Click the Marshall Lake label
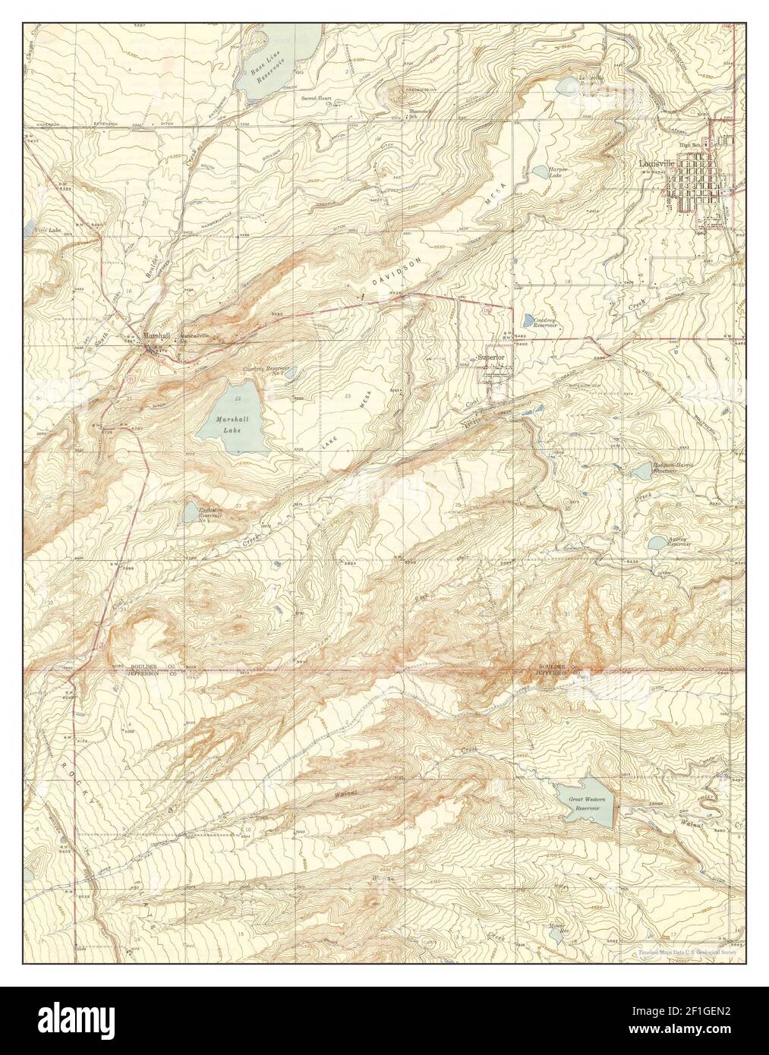click(x=228, y=424)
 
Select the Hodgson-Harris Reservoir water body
click(x=641, y=471)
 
